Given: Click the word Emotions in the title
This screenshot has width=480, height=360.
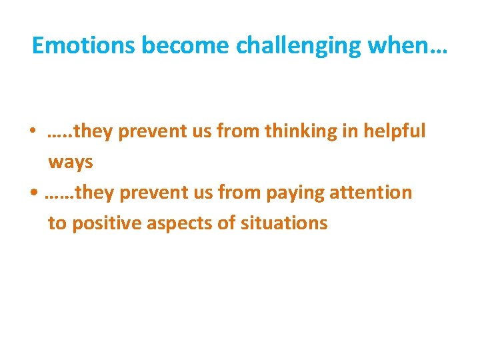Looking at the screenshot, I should coord(84,45).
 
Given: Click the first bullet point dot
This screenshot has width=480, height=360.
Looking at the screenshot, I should coord(32,132).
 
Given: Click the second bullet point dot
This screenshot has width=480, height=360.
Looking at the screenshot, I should coord(33,193).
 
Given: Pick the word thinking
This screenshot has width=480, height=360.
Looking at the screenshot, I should coord(301,131).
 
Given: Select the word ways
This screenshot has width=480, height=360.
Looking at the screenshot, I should coord(70,162).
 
